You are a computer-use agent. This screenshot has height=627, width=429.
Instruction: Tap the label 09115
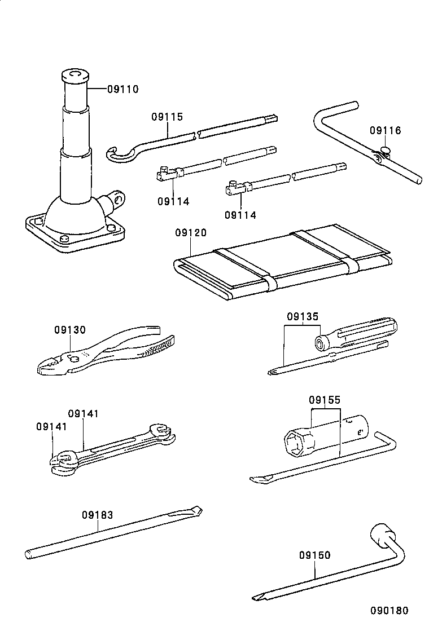pyautogui.click(x=167, y=117)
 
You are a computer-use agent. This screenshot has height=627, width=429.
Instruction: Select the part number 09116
pyautogui.click(x=386, y=131)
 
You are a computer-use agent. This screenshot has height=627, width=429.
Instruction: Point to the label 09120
pyautogui.click(x=190, y=233)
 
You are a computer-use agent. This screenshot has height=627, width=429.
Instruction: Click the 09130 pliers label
pyautogui.click(x=70, y=330)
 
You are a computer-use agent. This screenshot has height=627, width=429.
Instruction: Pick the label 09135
pyautogui.click(x=302, y=317)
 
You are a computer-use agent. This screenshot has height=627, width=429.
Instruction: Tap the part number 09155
pyautogui.click(x=325, y=401)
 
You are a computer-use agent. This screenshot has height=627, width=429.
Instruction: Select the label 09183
pyautogui.click(x=97, y=515)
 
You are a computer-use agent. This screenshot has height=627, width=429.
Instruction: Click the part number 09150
pyautogui.click(x=315, y=555)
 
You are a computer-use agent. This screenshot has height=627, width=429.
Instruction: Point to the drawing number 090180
pyautogui.click(x=389, y=611)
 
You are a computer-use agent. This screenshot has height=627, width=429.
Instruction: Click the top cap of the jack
pyautogui.click(x=75, y=75)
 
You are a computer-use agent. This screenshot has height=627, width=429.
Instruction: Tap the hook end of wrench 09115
pyautogui.click(x=116, y=153)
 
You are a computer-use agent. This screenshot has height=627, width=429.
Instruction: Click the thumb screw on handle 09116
pyautogui.click(x=386, y=150)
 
